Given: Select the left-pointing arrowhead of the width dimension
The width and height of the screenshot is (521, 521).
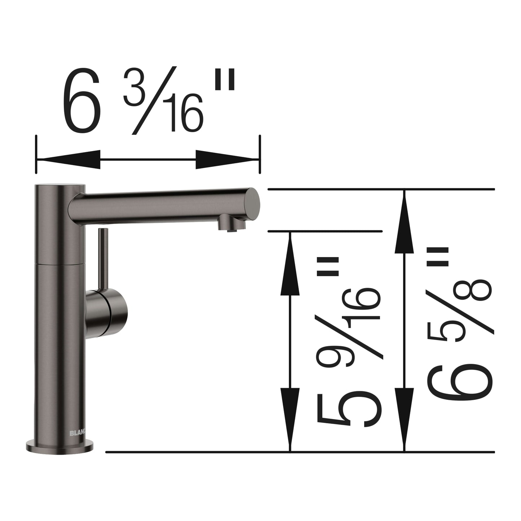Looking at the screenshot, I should [69, 159].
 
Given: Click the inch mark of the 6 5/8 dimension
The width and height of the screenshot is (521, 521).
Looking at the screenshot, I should [437, 256].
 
